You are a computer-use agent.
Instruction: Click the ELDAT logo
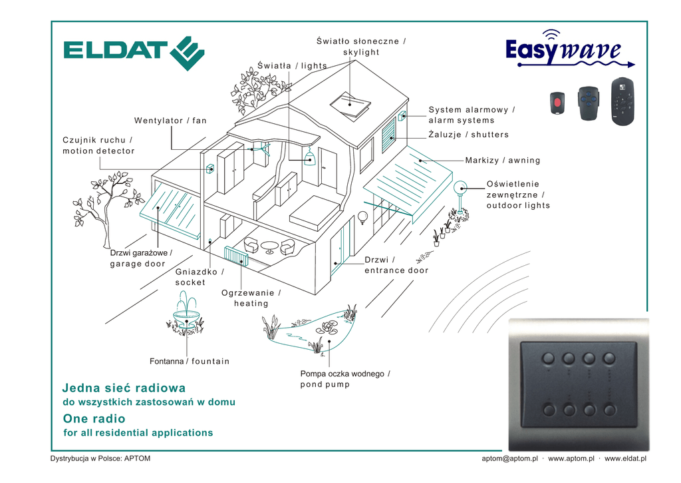pos(134,53)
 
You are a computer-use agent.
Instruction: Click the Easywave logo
pos(570,49)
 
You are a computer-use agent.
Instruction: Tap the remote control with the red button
pos(557,103)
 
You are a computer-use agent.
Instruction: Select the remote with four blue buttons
pos(589,103)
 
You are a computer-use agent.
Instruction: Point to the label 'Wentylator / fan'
pos(170,121)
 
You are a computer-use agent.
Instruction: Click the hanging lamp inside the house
pos(309,157)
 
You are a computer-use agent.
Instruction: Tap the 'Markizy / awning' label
pos(503,160)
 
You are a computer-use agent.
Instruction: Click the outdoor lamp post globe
pos(460,188)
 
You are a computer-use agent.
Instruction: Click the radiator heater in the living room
pos(236,256)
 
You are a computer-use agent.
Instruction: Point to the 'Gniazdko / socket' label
pos(200,276)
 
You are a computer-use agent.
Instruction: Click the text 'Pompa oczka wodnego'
pos(342,374)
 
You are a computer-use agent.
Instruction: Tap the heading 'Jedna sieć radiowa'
pos(124,388)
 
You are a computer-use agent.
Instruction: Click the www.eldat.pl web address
pos(625,458)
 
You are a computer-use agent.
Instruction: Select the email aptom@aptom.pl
pos(509,458)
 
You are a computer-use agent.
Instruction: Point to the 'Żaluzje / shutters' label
pos(469,135)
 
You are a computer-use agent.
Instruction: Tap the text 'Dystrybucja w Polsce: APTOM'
pos(100,458)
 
